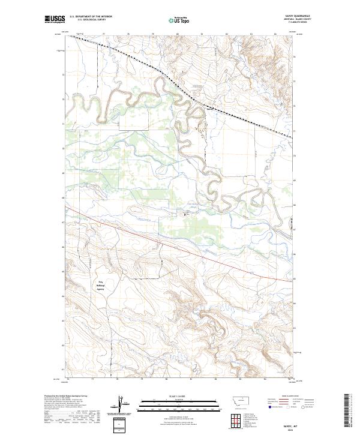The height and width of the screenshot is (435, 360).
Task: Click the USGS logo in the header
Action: pyautogui.click(x=55, y=19)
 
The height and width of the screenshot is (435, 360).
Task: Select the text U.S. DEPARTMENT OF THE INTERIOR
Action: pyautogui.click(x=91, y=17)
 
